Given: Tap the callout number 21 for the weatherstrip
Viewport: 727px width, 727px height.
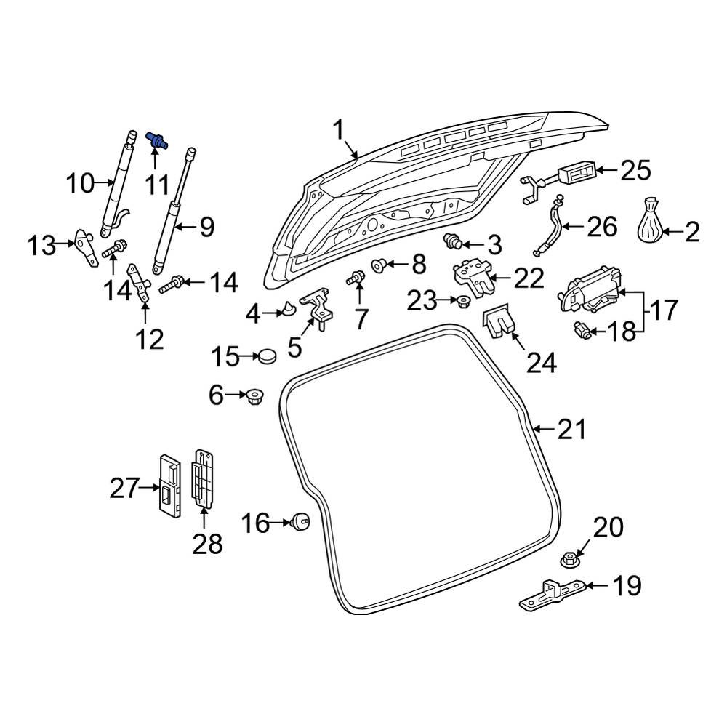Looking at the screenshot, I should (571, 430).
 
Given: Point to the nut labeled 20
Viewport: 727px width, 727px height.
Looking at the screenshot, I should (569, 559).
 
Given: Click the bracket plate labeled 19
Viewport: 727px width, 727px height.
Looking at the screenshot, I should (553, 592).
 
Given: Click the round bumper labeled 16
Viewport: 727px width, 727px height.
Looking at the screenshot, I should (300, 521).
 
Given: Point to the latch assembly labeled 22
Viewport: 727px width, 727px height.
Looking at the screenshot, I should (470, 276).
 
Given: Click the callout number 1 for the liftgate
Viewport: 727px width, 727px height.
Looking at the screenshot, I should (338, 131).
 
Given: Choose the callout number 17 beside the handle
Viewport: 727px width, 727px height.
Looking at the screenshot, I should (662, 310).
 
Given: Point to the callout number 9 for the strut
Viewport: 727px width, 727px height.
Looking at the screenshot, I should (206, 228).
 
